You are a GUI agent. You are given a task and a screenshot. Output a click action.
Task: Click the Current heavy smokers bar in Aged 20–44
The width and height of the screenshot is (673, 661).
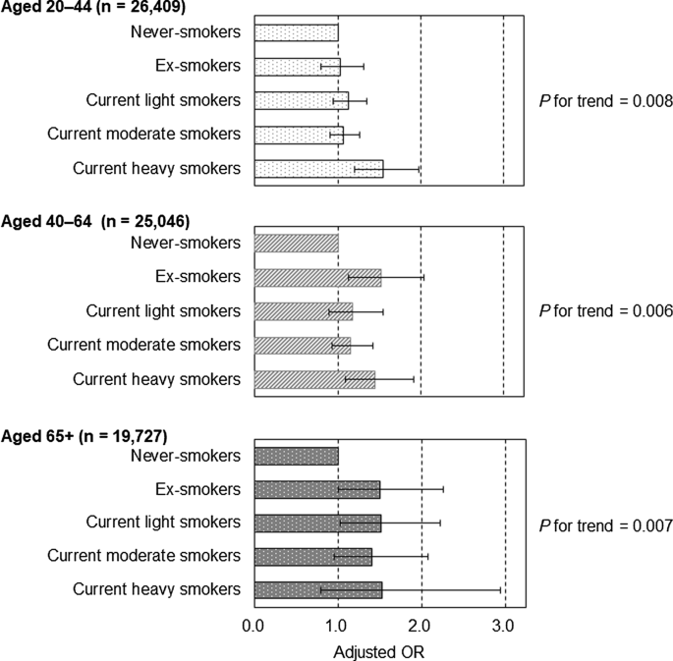[318, 168]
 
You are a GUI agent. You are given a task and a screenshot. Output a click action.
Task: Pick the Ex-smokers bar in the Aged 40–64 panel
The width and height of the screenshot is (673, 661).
[317, 278]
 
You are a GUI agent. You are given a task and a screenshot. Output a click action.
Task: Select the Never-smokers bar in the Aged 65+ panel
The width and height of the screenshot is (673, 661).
[296, 456]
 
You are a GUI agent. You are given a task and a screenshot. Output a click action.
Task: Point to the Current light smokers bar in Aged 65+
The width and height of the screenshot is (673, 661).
[317, 523]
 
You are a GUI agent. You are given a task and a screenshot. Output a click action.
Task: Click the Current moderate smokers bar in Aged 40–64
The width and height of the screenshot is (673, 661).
[302, 345]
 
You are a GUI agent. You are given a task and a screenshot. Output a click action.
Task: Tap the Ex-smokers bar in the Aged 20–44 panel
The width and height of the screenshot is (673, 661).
[297, 66]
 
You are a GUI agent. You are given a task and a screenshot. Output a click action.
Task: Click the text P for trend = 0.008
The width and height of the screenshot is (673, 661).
[605, 100]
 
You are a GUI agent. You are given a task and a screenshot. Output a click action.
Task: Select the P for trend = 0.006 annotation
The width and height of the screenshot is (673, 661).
[605, 311]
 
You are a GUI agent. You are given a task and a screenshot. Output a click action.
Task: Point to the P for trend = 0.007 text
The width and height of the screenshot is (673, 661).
[605, 525]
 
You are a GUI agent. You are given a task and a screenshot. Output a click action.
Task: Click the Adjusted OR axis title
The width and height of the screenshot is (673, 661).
[379, 650]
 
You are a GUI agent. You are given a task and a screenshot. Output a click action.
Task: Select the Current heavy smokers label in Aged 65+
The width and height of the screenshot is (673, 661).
[157, 589]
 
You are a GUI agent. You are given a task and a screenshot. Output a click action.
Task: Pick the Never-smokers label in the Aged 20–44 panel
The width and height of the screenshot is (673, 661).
[185, 32]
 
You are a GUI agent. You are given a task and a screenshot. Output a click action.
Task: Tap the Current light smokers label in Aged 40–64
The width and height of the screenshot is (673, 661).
[163, 311]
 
